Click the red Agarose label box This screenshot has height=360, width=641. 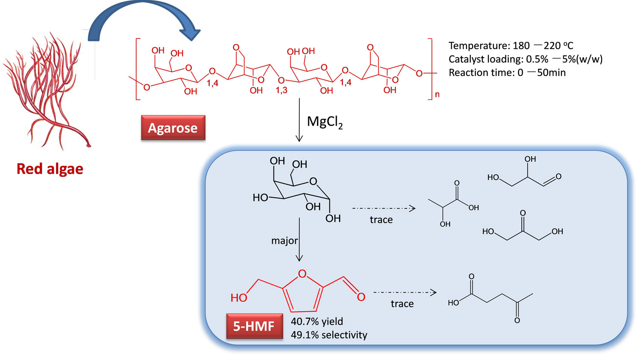pyautogui.click(x=173, y=128)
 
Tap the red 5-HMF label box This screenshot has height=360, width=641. pyautogui.click(x=254, y=326)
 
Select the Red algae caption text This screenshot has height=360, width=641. pyautogui.click(x=50, y=169)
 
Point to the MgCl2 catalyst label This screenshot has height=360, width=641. pyautogui.click(x=325, y=122)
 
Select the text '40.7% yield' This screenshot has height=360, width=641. pyautogui.click(x=317, y=322)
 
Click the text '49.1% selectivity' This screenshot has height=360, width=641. pyautogui.click(x=329, y=335)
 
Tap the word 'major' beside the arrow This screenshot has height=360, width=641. pyautogui.click(x=284, y=241)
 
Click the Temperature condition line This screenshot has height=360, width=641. pyautogui.click(x=511, y=46)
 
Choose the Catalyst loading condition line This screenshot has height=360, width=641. pyautogui.click(x=525, y=59)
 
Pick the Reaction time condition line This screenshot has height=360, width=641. pyautogui.click(x=507, y=73)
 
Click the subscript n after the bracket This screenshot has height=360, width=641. pyautogui.click(x=437, y=94)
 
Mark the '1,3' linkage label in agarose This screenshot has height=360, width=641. pyautogui.click(x=281, y=91)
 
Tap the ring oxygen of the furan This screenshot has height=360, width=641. pyautogui.click(x=303, y=274)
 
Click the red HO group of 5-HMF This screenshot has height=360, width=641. pyautogui.click(x=239, y=298)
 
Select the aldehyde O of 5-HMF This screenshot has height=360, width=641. pyautogui.click(x=361, y=297)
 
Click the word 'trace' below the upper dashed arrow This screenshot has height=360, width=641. pyautogui.click(x=381, y=220)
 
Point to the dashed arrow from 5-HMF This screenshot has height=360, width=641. pyautogui.click(x=405, y=293)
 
